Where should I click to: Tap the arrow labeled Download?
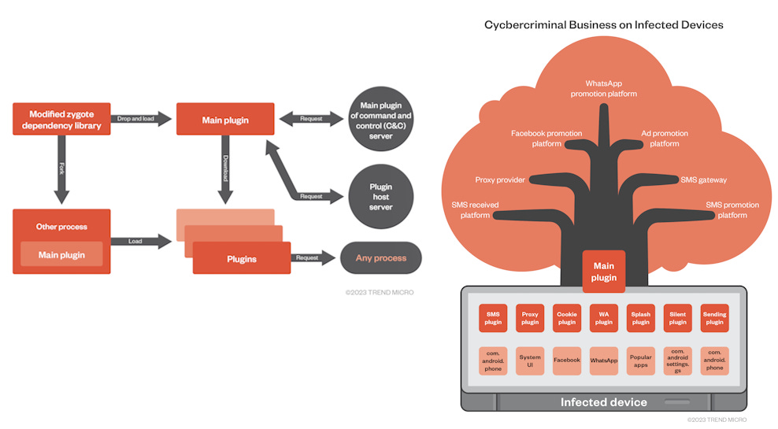coord(224,170)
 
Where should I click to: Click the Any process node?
coord(380,257)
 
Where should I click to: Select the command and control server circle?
coord(380,120)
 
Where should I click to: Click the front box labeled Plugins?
coord(241,258)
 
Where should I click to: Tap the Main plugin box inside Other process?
coord(61,255)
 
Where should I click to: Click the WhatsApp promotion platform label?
coord(604,88)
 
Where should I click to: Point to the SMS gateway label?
coord(703,179)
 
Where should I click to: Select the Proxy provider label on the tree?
coord(500,179)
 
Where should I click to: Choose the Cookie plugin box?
coord(567,318)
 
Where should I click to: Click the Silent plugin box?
coord(678,318)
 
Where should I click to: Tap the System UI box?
coord(530,361)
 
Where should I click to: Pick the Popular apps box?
coord(641,361)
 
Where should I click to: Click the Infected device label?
coord(603,402)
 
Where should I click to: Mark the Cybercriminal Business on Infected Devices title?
coord(603,25)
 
